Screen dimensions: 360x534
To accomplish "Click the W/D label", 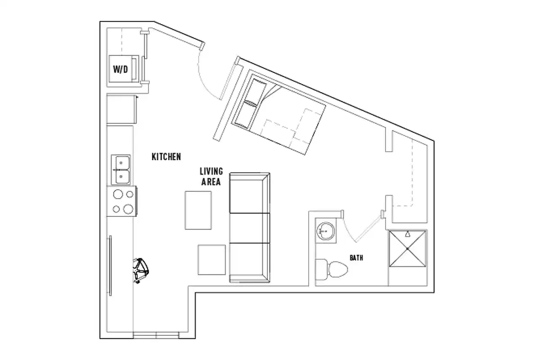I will click(x=120, y=70).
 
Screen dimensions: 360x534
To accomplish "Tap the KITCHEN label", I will click(x=166, y=157).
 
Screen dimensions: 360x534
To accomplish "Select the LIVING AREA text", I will click(x=211, y=176).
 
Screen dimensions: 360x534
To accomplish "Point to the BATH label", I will click(x=356, y=258).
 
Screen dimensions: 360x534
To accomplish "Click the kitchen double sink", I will click(x=121, y=170).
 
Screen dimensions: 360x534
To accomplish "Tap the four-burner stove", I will click(x=122, y=201).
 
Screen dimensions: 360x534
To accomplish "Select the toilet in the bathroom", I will click(x=333, y=269).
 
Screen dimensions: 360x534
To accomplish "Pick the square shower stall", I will click(x=406, y=248).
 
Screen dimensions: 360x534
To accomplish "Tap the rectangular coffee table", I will click(x=198, y=210).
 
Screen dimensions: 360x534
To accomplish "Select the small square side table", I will click(x=211, y=260).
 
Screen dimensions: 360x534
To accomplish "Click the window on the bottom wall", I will click(x=156, y=335).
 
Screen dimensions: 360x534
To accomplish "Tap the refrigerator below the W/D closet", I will click(x=121, y=109).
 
